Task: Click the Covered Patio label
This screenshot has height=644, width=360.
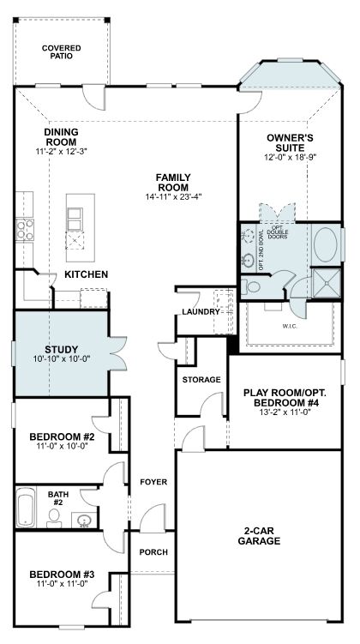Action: [61, 52]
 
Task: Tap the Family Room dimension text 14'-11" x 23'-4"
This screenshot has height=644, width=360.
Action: [173, 196]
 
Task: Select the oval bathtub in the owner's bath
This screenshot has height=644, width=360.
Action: [326, 244]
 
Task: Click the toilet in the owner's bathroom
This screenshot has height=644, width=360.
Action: [250, 286]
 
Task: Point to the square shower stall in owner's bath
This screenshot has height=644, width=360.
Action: [327, 283]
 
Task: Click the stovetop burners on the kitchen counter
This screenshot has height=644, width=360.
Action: [25, 230]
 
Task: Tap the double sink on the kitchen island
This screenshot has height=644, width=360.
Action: [75, 219]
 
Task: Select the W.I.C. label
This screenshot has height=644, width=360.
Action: [290, 326]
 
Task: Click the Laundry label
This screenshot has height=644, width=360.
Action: [201, 312]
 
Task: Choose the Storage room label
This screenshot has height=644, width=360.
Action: [201, 380]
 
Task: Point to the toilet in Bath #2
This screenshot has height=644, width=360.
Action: [54, 518]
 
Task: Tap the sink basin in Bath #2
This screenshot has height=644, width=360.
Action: [84, 520]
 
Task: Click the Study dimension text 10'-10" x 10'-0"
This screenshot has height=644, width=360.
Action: [61, 358]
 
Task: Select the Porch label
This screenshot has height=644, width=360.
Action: [153, 552]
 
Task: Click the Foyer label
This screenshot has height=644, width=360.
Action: [153, 482]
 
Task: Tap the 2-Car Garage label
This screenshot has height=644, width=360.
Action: [260, 537]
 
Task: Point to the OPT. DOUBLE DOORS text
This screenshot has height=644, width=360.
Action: [279, 232]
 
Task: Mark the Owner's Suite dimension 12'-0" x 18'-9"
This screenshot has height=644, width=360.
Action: [291, 157]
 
